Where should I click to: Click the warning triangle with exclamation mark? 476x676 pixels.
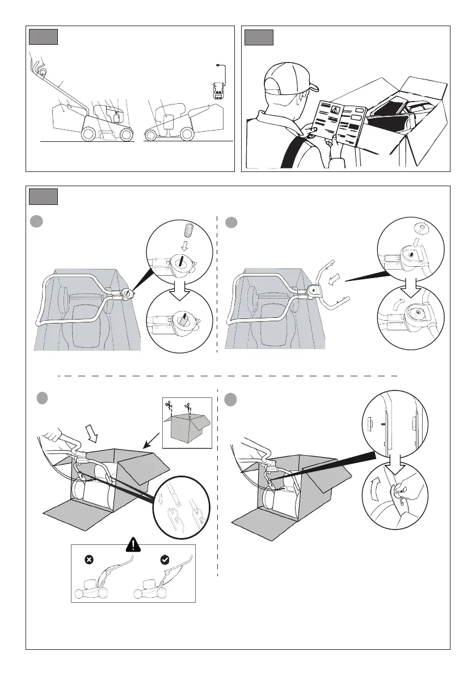133,546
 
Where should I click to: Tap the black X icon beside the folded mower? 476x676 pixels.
89,560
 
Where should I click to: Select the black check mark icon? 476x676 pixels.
165,560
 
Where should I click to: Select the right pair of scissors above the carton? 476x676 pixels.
188,406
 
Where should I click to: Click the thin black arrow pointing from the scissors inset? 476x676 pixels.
152,444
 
